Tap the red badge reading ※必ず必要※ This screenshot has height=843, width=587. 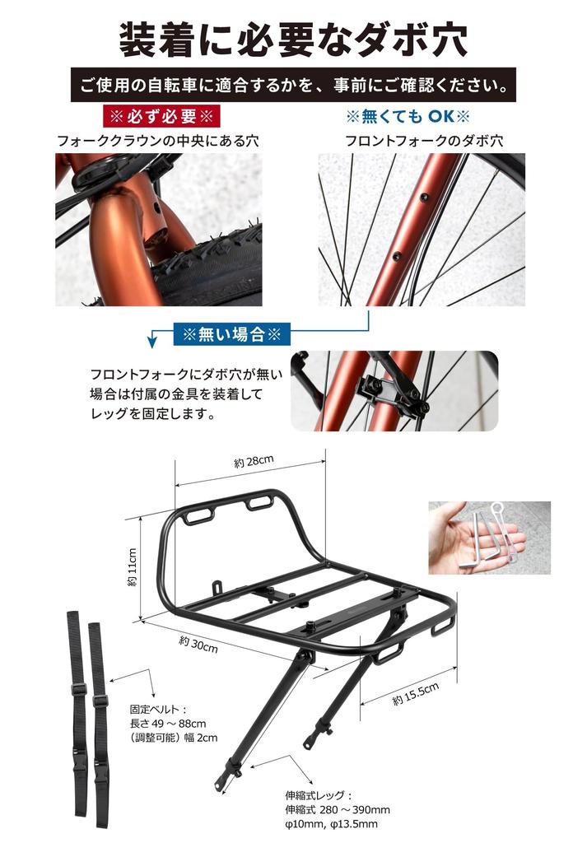(157, 114)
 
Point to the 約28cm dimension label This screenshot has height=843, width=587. (253, 463)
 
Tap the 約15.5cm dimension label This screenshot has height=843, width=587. (415, 694)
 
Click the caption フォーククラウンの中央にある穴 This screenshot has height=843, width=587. (157, 140)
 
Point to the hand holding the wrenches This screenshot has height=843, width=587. (461, 539)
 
